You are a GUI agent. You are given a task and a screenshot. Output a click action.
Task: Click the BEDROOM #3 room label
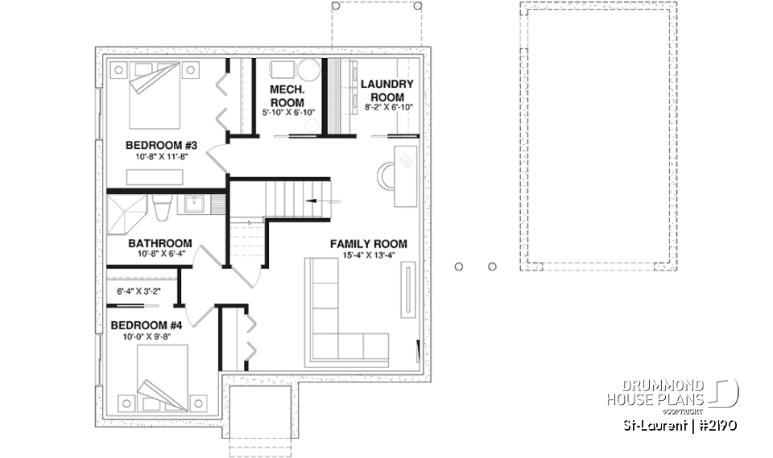point(161,146)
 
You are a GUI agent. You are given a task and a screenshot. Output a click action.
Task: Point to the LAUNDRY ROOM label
point(386,90)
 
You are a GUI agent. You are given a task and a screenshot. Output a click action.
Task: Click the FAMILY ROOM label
point(368,244)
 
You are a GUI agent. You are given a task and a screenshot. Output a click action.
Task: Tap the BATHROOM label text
point(160,243)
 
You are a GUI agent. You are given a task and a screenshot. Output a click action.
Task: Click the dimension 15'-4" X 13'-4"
point(368,258)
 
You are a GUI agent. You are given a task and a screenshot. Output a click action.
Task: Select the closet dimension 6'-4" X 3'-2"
point(138,291)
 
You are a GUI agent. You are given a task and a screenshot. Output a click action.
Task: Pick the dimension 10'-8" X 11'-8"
point(161,159)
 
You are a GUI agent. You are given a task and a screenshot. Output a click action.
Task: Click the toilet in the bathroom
point(159,207)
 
